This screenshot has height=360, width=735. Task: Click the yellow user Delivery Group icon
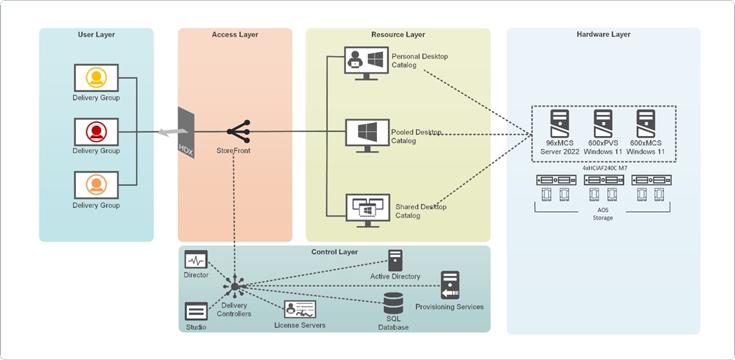click(x=96, y=77)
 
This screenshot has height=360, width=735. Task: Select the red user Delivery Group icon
click(x=96, y=131)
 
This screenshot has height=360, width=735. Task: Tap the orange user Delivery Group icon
click(x=96, y=185)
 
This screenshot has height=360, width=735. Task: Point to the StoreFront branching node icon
click(x=239, y=131)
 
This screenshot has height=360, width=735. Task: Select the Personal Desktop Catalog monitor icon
click(x=365, y=62)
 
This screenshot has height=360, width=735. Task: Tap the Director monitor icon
click(x=196, y=260)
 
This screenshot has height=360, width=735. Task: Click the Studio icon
click(x=196, y=311)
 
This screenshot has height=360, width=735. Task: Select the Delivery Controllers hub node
click(x=235, y=286)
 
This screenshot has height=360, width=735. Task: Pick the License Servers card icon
click(x=300, y=309)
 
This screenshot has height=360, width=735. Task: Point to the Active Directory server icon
click(x=395, y=260)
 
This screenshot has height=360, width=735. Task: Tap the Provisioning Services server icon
click(x=449, y=285)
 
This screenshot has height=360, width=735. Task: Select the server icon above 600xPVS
click(x=603, y=124)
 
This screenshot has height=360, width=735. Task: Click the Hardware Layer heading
click(x=603, y=34)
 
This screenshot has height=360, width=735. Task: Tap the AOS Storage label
click(x=602, y=213)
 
